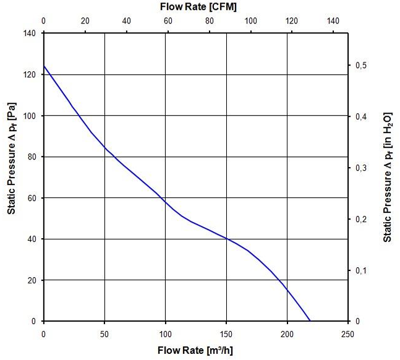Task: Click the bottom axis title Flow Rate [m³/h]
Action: (195, 351)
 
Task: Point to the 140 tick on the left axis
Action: (30, 33)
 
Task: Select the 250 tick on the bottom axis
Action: (347, 335)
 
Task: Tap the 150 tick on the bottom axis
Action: (226, 335)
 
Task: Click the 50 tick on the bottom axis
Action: (104, 335)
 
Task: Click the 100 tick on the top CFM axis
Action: (251, 20)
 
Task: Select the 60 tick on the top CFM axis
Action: (168, 20)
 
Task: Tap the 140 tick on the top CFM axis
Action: (334, 20)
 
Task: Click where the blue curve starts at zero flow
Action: (44, 66)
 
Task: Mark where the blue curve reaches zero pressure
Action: (310, 321)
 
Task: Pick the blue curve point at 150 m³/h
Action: (226, 239)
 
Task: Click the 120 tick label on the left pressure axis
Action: (30, 74)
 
